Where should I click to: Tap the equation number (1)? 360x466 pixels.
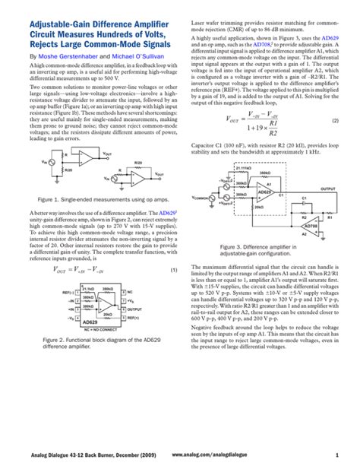coord(173,270)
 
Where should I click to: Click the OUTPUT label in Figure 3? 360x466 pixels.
coord(329,188)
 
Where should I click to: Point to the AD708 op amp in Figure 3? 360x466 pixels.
coord(311,227)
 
